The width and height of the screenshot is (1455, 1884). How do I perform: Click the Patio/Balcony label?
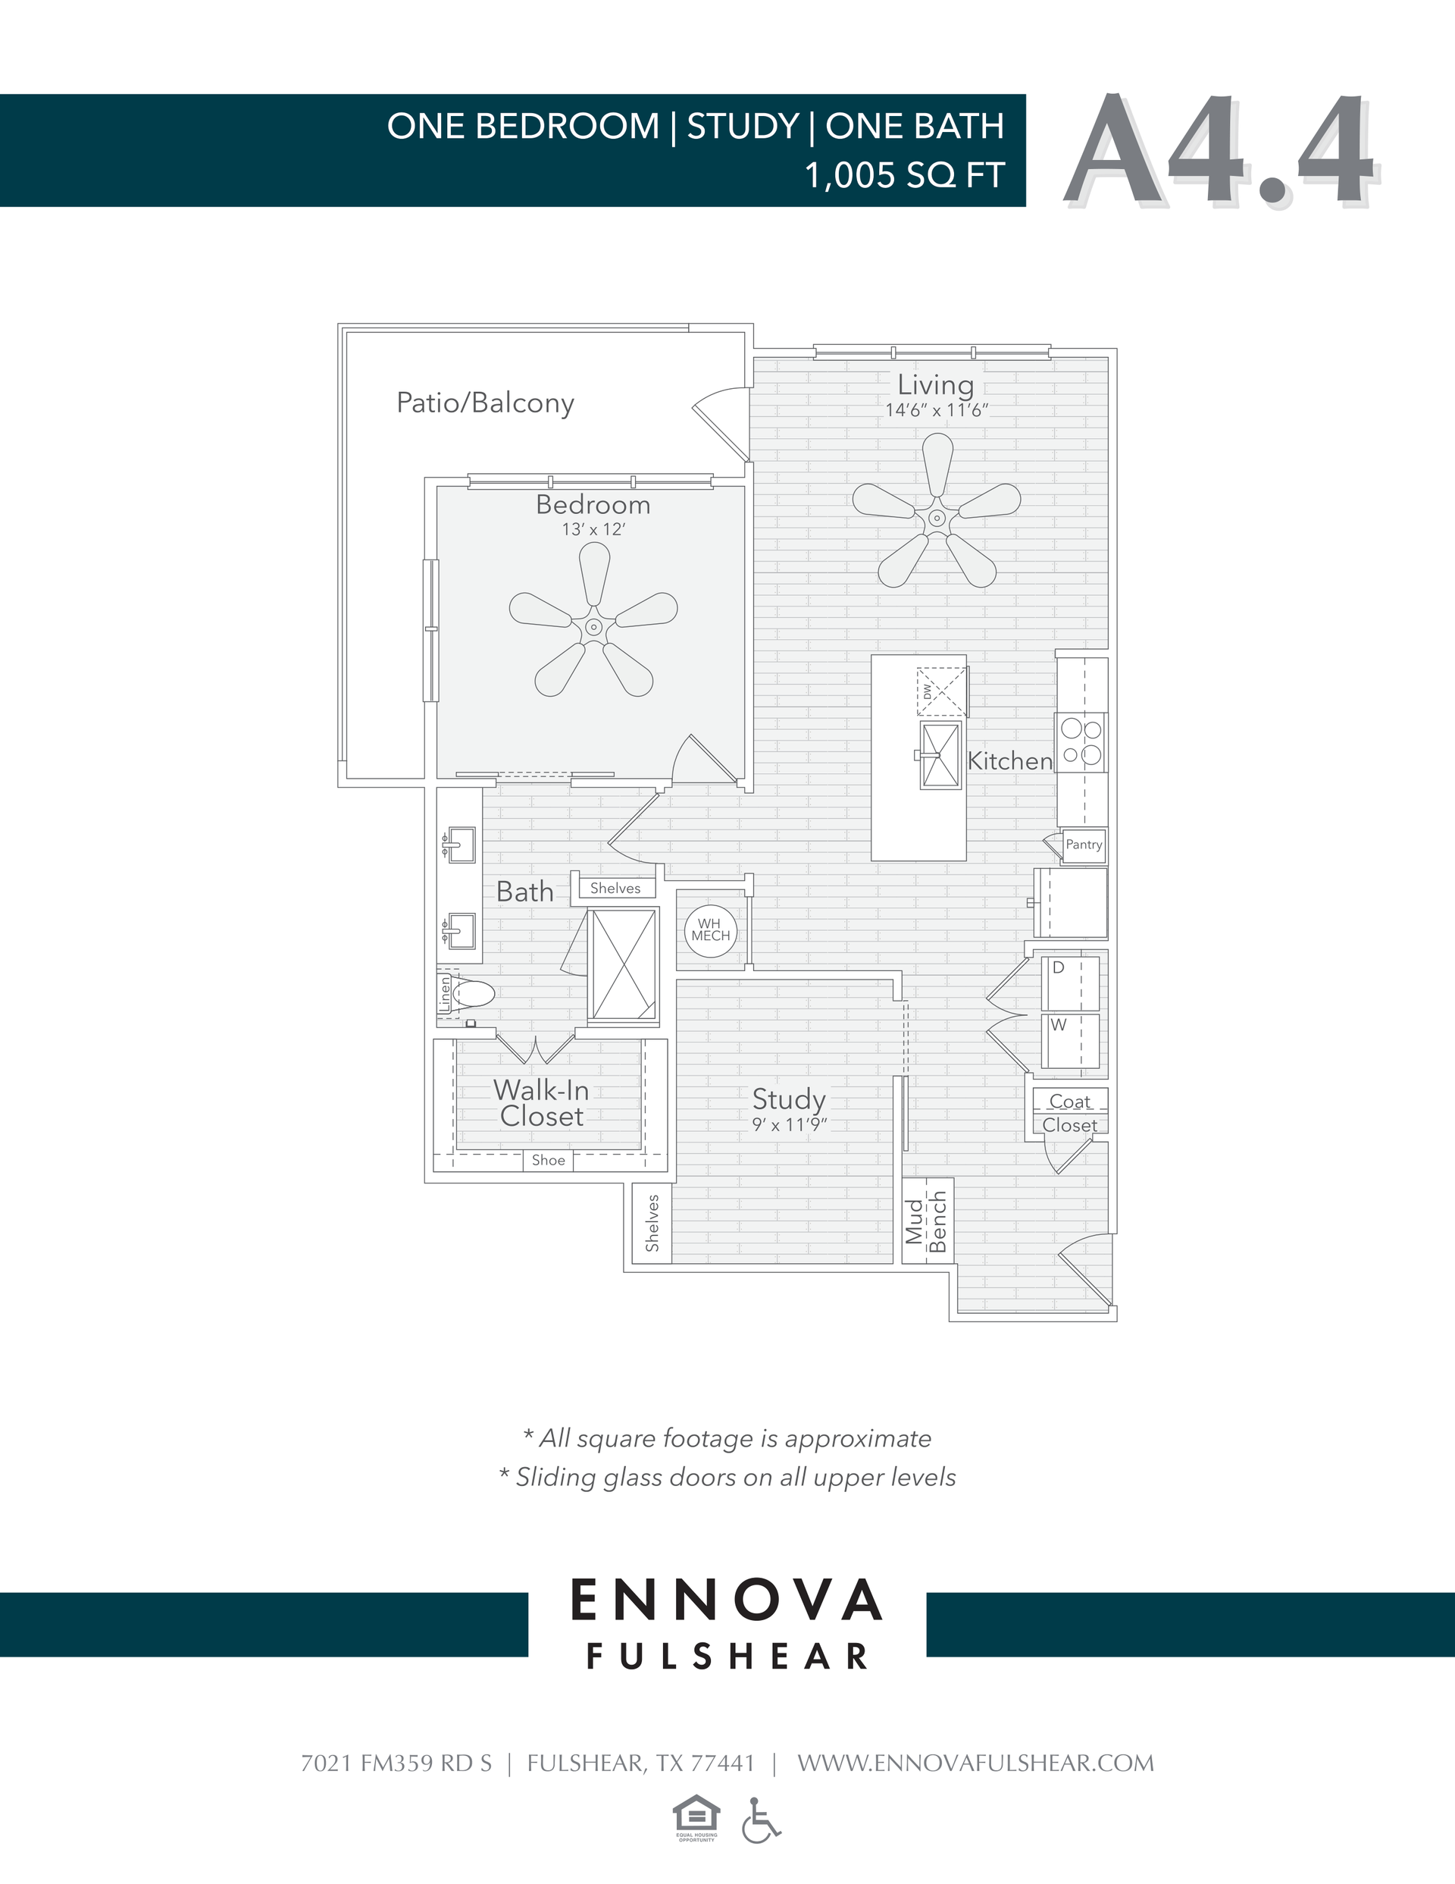485,403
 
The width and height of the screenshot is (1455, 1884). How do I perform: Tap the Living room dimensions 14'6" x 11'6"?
936,411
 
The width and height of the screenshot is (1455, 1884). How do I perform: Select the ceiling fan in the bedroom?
593,626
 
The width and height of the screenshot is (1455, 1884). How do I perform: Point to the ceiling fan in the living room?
937,518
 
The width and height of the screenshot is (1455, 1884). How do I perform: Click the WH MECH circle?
711,930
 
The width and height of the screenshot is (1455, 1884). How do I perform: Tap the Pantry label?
1083,845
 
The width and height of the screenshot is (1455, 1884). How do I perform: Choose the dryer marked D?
1070,982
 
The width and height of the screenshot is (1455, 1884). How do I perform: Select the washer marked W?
1070,1040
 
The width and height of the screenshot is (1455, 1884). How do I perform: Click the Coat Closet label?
1069,1113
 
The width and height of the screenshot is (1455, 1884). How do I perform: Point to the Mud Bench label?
927,1221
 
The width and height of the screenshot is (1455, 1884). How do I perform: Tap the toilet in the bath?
473,994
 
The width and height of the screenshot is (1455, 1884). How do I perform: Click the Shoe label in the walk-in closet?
548,1160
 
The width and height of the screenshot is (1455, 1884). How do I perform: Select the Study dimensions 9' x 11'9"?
789,1125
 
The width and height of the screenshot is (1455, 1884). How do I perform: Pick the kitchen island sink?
940,755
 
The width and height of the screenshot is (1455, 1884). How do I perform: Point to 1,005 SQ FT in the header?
904,175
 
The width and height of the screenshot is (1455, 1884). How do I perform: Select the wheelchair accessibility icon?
760,1820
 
